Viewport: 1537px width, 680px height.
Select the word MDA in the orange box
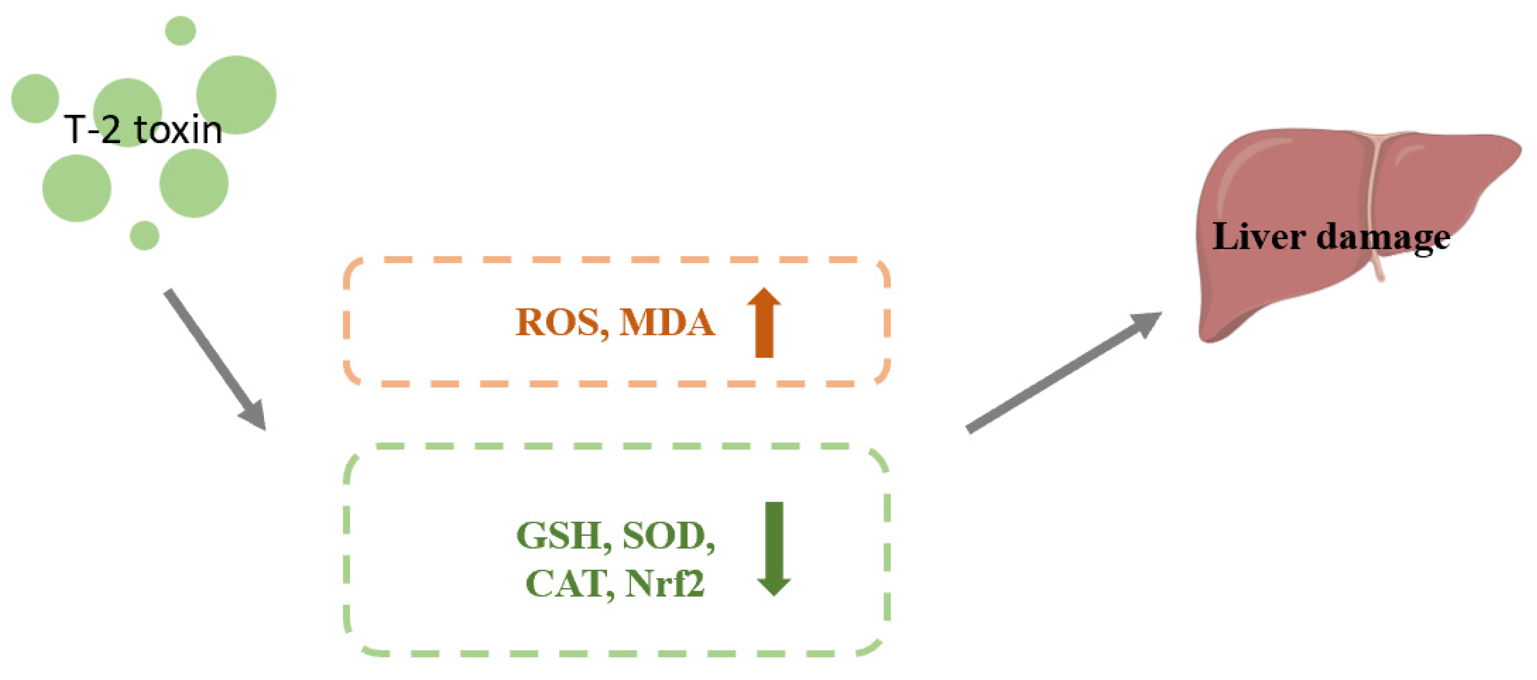[x=667, y=323]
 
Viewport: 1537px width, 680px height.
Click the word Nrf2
[x=665, y=583]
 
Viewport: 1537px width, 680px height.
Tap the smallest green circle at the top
[x=180, y=30]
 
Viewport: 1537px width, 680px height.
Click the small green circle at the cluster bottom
[x=144, y=235]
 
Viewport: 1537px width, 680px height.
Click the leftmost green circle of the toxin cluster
[x=35, y=98]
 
